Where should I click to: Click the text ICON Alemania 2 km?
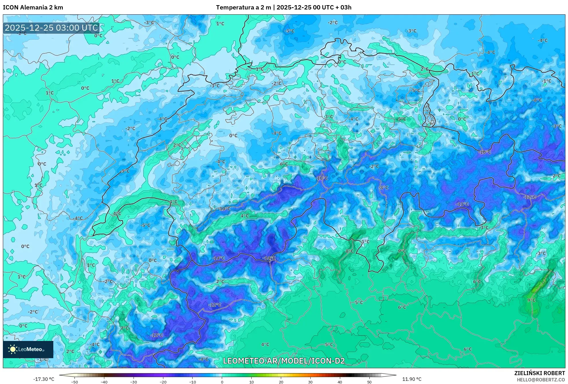click(x=33, y=7)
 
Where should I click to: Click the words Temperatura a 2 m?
click(x=243, y=7)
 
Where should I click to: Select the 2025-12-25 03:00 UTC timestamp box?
click(x=52, y=28)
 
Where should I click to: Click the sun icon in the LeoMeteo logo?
click(x=13, y=349)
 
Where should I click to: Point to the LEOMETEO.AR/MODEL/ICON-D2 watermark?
click(x=284, y=361)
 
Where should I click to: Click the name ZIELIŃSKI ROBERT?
click(x=539, y=373)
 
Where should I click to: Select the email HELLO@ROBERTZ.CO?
click(x=541, y=380)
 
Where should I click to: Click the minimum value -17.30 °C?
click(x=44, y=379)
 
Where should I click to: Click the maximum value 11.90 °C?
click(x=412, y=379)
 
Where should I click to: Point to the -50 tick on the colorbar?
click(x=75, y=382)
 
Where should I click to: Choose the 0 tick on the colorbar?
click(x=222, y=382)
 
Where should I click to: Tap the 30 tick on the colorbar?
click(x=310, y=382)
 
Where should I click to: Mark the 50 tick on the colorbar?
click(x=369, y=382)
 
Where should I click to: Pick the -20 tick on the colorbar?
click(x=163, y=382)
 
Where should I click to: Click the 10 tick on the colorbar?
click(x=251, y=382)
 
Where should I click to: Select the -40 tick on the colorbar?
click(x=104, y=382)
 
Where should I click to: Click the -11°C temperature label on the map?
click(x=462, y=204)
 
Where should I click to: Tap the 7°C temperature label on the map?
click(x=125, y=328)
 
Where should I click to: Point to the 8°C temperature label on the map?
click(x=349, y=251)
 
